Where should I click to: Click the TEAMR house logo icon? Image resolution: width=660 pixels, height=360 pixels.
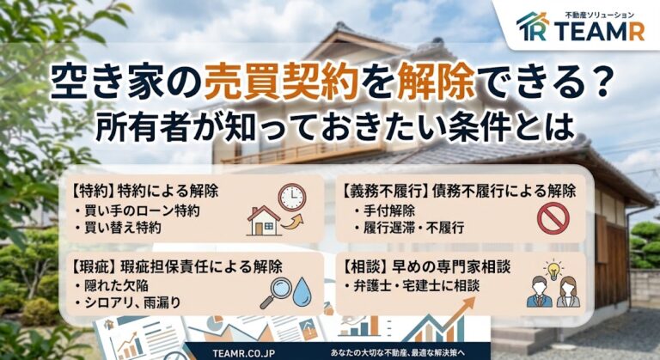point(533,26)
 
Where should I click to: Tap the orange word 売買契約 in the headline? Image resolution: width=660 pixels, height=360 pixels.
point(281,82)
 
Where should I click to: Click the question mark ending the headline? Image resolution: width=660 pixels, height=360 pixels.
point(597,82)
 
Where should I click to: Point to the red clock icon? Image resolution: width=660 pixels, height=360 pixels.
point(291,197)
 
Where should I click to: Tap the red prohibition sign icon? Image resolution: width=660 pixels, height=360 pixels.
point(553,217)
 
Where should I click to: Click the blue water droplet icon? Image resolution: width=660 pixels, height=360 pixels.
point(302,291)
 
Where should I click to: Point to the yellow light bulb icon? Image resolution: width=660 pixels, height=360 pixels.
point(553,270)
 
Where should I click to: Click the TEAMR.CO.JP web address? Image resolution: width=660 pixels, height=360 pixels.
point(244,353)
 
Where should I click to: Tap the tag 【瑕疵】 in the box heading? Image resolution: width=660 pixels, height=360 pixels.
point(93,266)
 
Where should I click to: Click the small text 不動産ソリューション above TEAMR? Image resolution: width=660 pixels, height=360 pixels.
point(600,15)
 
